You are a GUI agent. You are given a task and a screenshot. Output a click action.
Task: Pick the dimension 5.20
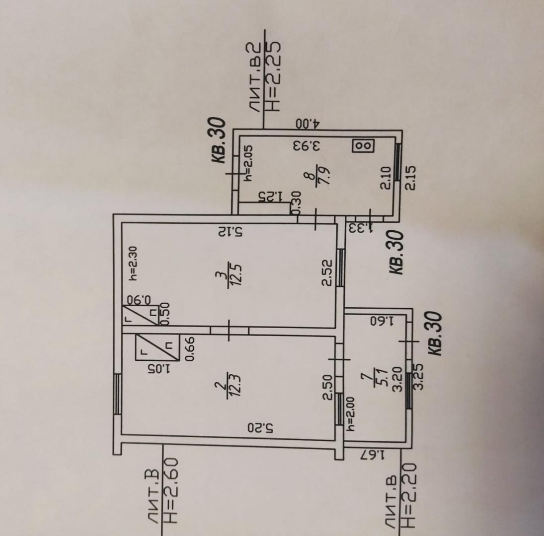click(x=261, y=427)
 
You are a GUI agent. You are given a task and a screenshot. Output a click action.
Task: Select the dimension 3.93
click(x=307, y=145)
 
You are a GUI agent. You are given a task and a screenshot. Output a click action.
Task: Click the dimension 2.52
click(x=327, y=273)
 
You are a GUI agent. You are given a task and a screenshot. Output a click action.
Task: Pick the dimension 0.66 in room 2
click(x=190, y=349)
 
